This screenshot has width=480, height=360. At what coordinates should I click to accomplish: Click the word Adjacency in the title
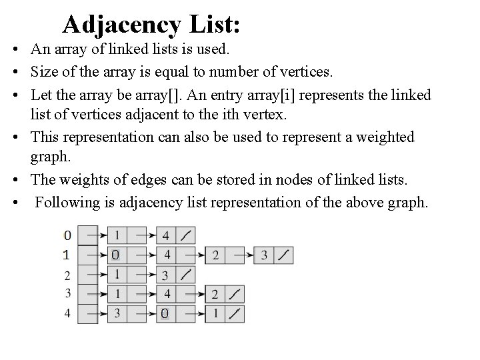(x=121, y=25)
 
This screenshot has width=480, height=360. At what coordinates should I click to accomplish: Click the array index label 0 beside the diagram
(x=65, y=235)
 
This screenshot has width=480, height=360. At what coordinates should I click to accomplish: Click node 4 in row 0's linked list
(x=166, y=235)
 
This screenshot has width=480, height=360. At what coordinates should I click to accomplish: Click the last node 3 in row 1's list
(x=264, y=255)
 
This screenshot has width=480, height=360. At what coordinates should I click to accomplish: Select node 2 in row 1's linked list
(x=215, y=255)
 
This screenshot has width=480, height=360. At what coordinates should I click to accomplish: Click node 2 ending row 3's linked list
(x=215, y=294)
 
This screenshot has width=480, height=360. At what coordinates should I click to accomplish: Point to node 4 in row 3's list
(x=166, y=294)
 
